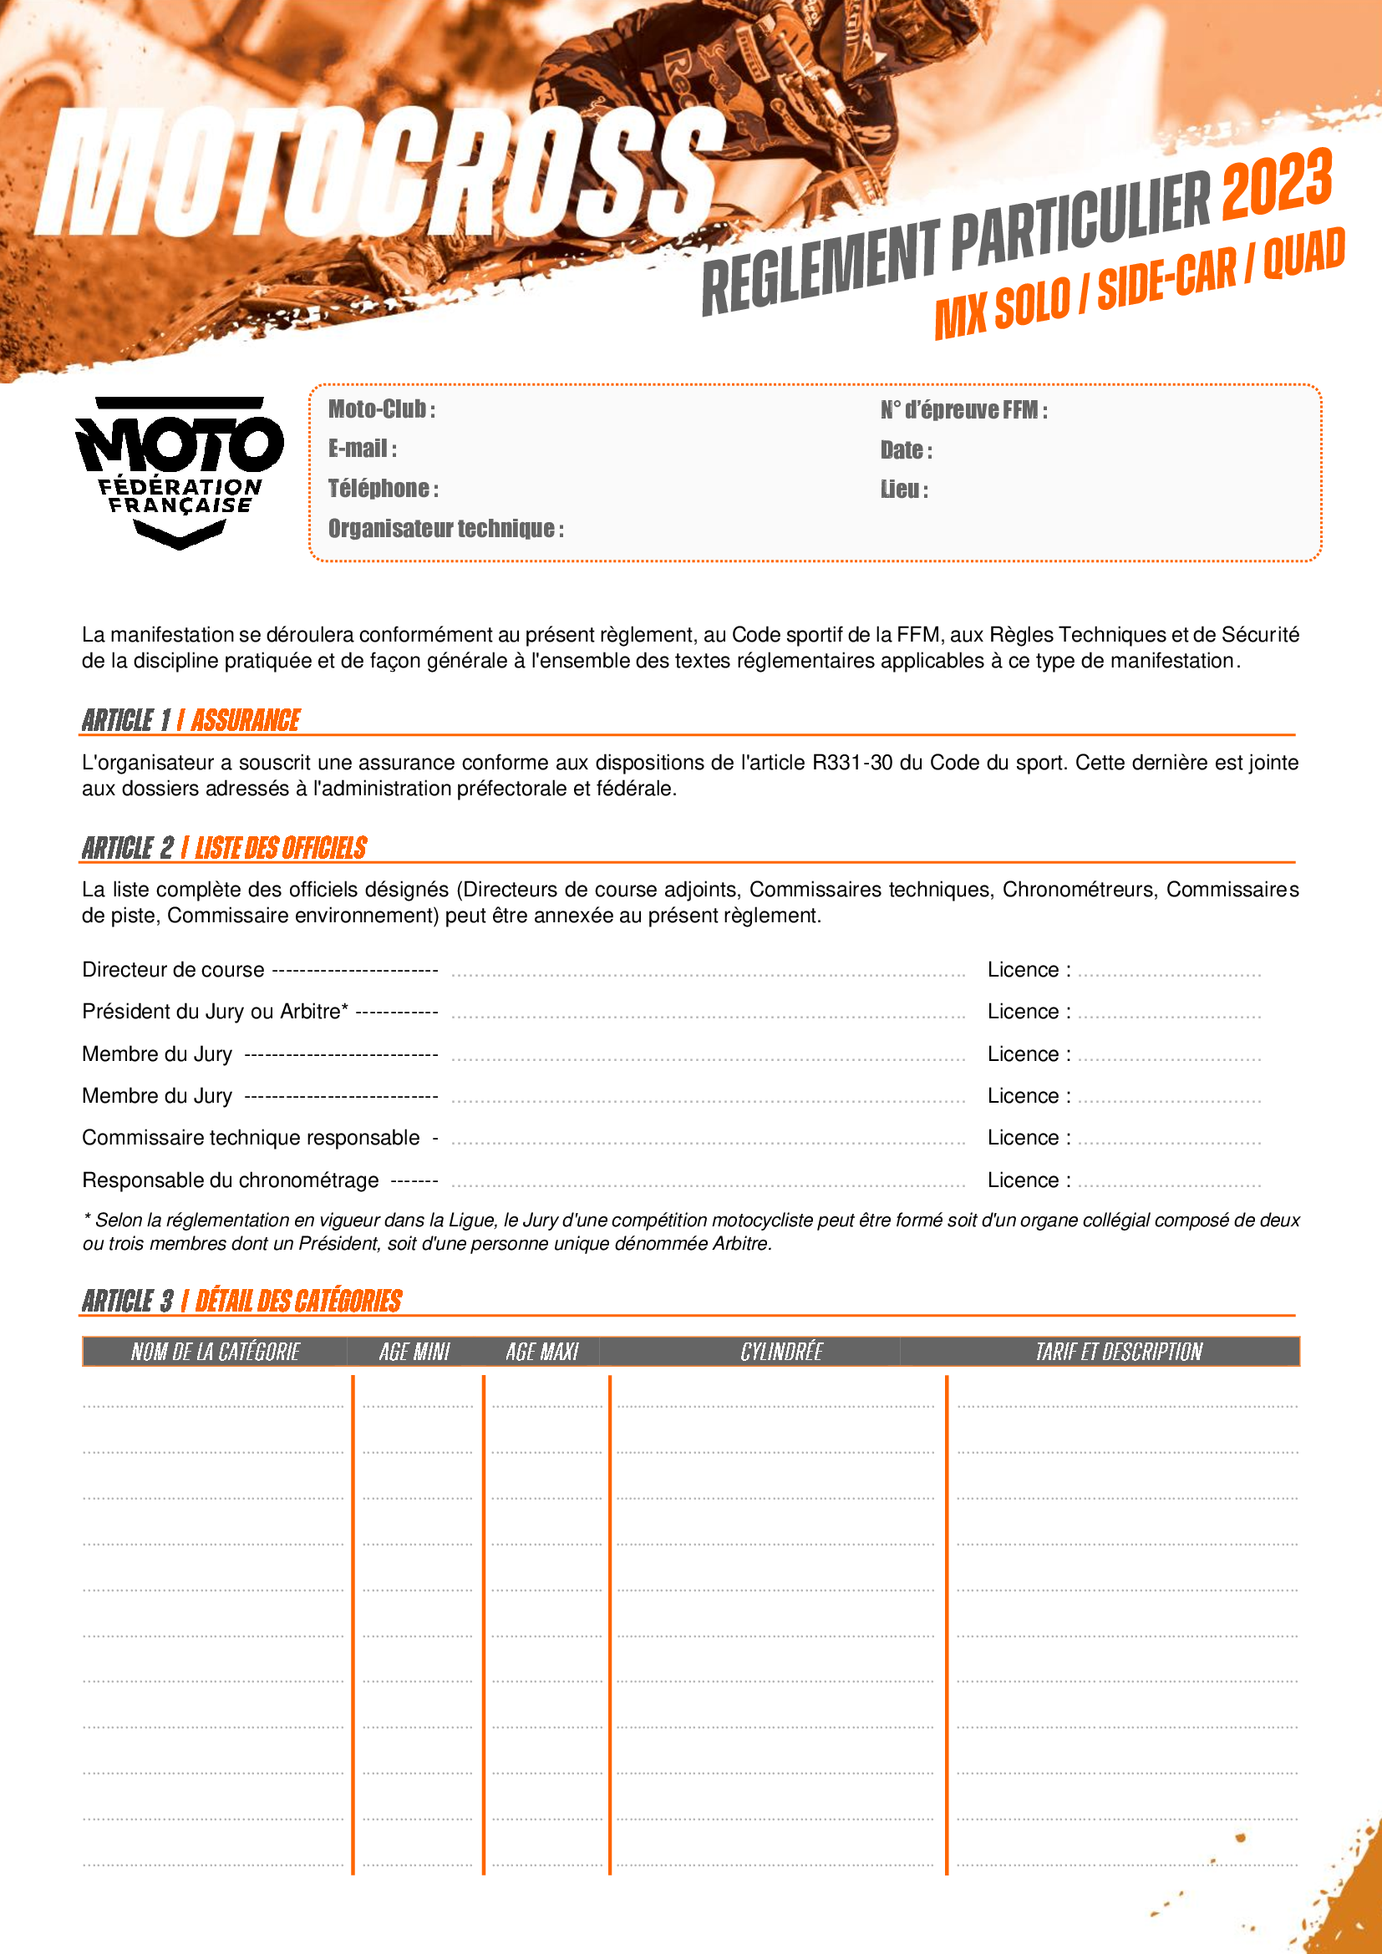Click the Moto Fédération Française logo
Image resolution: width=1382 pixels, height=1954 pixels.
click(179, 472)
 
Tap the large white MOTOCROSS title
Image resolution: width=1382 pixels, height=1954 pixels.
click(379, 175)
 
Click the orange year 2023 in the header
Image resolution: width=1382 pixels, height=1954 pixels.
click(1277, 183)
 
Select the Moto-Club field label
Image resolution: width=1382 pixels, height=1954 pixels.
click(382, 409)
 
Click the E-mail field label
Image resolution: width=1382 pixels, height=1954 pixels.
click(363, 449)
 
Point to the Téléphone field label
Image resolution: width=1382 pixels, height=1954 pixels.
click(384, 489)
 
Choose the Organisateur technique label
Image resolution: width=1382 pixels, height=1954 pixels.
click(446, 529)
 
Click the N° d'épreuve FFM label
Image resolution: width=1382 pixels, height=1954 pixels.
click(963, 410)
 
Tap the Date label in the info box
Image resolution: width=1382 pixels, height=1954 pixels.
click(907, 450)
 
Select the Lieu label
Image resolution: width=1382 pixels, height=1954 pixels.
click(904, 490)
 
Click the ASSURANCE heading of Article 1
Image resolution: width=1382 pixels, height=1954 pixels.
click(245, 721)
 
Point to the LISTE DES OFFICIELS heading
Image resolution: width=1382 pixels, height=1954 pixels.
click(281, 849)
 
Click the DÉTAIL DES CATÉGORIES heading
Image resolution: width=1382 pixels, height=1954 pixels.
click(297, 1302)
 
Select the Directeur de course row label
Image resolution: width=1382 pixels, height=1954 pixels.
click(174, 970)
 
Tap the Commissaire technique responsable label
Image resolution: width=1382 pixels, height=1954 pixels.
click(251, 1138)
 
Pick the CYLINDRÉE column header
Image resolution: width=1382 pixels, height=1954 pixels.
click(781, 1352)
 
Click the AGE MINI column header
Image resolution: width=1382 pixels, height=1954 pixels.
click(414, 1352)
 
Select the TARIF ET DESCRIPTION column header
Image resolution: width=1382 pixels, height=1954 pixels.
click(1118, 1352)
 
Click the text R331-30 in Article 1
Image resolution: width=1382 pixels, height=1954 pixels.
click(851, 763)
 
